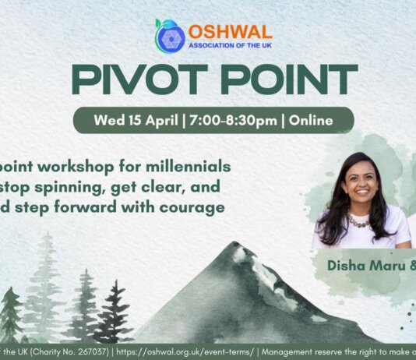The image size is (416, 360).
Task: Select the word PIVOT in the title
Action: coord(134,80)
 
